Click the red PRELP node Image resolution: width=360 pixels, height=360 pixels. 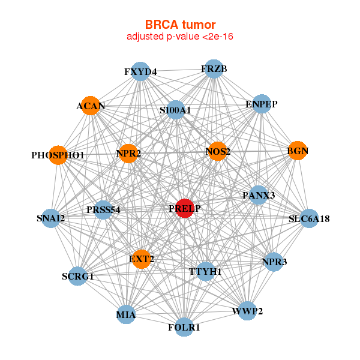185,208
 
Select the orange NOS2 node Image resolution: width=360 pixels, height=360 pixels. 217,151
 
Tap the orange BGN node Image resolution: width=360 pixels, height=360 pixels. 297,151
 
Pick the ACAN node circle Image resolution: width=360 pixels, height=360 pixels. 91,106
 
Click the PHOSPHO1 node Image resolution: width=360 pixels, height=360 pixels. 58,155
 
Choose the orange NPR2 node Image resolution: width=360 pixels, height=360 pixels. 128,154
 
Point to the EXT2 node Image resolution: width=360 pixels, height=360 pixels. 141,259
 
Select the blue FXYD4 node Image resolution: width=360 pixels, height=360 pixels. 140,72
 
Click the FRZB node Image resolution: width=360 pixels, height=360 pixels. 214,69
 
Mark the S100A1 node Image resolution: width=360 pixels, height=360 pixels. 175,110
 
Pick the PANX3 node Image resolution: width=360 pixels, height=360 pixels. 259,195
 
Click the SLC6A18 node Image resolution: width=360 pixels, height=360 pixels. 308,218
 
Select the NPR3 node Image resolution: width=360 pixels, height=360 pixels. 273,262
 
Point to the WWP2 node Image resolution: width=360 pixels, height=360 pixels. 247,311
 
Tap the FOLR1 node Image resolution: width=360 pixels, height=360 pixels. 184,327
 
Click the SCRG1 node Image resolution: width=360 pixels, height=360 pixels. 77,276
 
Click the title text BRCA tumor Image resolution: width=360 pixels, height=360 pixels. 180,25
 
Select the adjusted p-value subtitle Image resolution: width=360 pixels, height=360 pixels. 180,37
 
